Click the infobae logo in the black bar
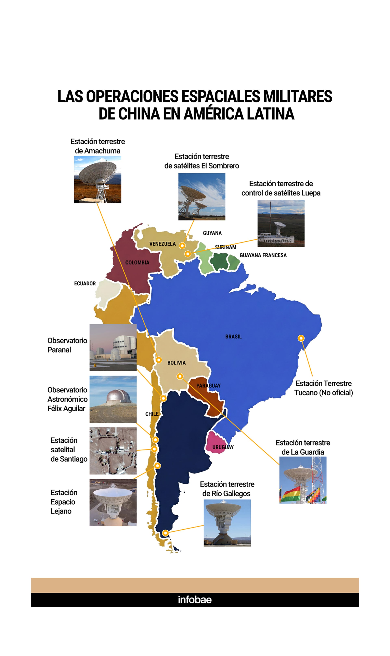195,600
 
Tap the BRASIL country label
233,337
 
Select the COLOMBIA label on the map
137,262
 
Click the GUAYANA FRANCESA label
263,255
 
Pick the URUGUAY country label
223,447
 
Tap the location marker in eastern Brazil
301,338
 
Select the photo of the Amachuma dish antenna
97,180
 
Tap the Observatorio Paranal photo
113,347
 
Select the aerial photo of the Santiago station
113,451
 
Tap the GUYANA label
212,233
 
